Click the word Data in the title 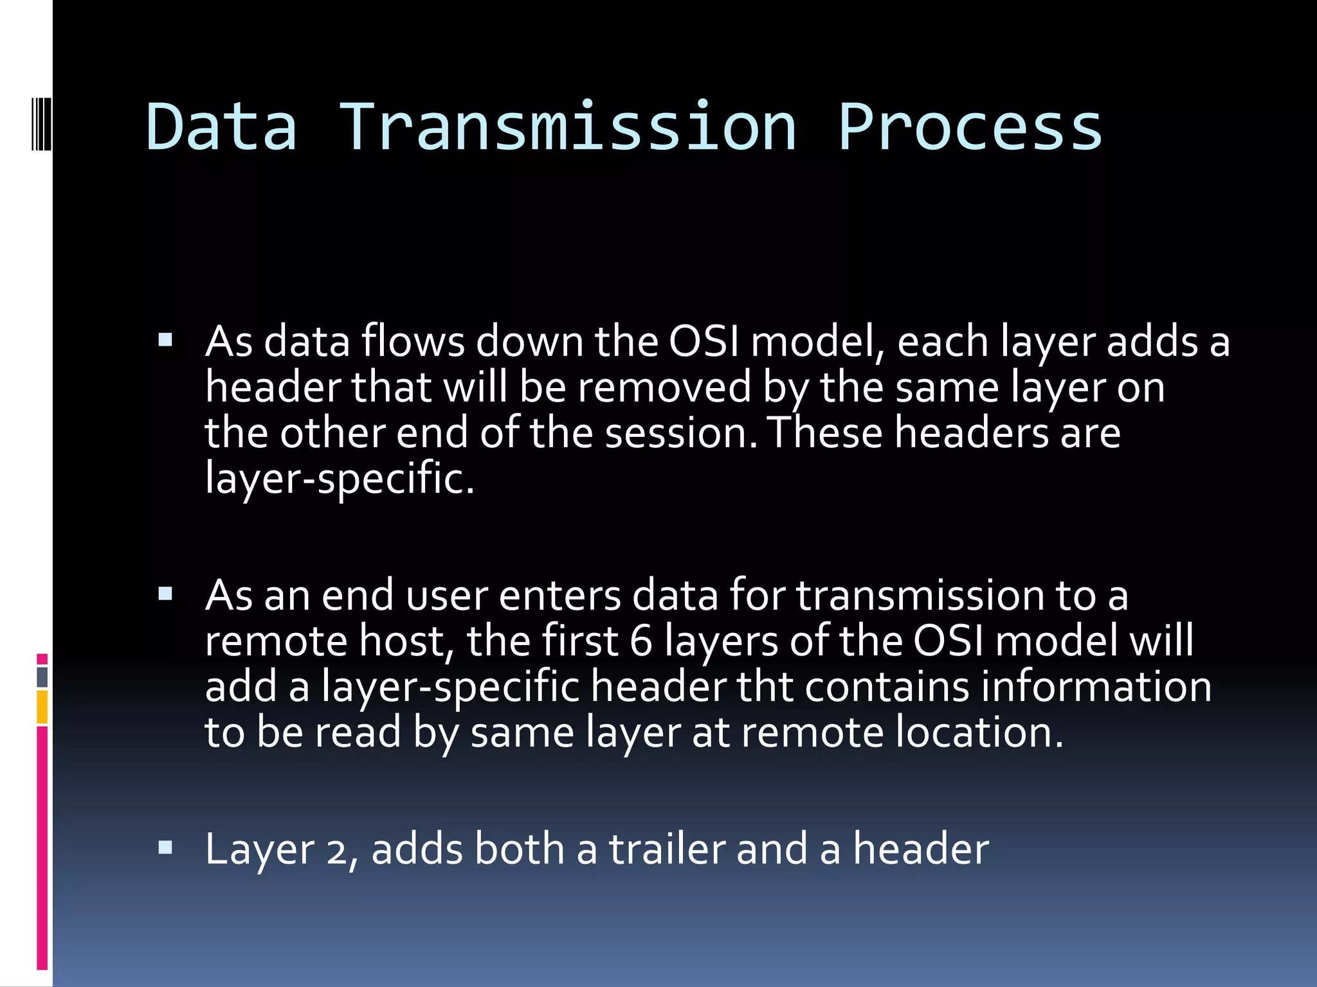click(x=222, y=127)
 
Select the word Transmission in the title click(x=567, y=127)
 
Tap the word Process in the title click(x=970, y=127)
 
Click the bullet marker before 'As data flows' click(x=165, y=340)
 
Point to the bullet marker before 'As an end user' click(x=165, y=594)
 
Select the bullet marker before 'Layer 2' click(x=165, y=848)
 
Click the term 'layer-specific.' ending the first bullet click(x=340, y=479)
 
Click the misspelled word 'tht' click(x=765, y=686)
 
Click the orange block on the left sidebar click(x=42, y=707)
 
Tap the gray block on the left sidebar click(x=42, y=677)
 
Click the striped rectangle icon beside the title click(x=41, y=123)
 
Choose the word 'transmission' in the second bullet click(x=920, y=595)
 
